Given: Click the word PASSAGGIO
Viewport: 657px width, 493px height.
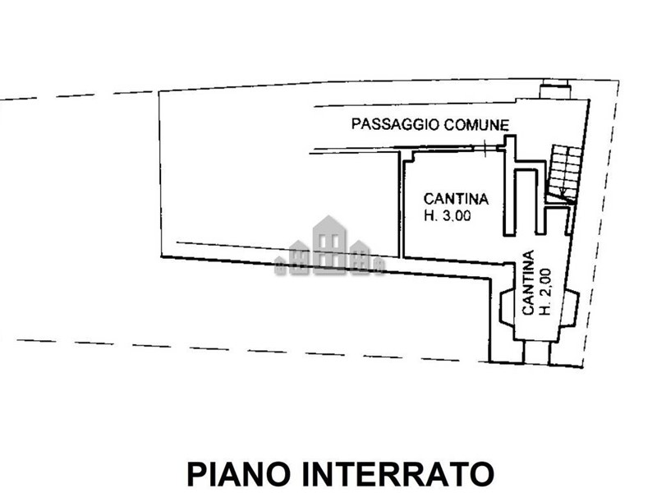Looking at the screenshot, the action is pyautogui.click(x=396, y=124).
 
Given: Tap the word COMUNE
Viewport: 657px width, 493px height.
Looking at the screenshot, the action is pyautogui.click(x=477, y=125).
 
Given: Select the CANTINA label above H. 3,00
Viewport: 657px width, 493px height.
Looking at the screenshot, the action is pyautogui.click(x=456, y=198).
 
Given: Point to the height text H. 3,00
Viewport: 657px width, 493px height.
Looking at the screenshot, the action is pyautogui.click(x=447, y=215).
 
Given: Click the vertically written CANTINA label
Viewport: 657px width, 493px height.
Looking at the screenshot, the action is pyautogui.click(x=528, y=283).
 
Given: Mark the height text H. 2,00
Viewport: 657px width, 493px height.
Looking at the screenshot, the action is pyautogui.click(x=545, y=292).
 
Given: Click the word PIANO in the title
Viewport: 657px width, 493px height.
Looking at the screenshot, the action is pyautogui.click(x=239, y=474).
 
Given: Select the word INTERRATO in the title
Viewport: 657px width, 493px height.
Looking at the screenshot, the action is pyautogui.click(x=397, y=474).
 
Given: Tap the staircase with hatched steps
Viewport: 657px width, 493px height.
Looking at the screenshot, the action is pyautogui.click(x=564, y=173).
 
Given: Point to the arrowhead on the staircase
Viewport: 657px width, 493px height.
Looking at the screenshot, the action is pyautogui.click(x=564, y=193).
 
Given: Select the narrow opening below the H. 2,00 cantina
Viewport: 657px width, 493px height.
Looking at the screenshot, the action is pyautogui.click(x=537, y=352).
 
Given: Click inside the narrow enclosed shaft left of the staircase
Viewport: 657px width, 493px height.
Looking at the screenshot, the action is pyautogui.click(x=526, y=201).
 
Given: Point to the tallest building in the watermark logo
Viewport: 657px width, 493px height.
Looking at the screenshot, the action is pyautogui.click(x=329, y=244).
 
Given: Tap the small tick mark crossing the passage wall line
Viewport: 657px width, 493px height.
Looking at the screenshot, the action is pyautogui.click(x=485, y=148).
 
